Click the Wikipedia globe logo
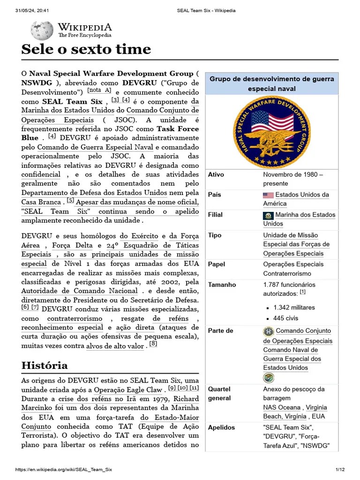pyautogui.click(x=42, y=30)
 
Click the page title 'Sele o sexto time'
pyautogui.click(x=86, y=49)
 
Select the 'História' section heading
pyautogui.click(x=45, y=365)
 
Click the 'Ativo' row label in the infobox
pyautogui.click(x=216, y=174)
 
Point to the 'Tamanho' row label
pyautogui.click(x=222, y=285)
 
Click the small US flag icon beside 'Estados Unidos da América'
pyautogui.click(x=268, y=195)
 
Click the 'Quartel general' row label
pyautogui.click(x=219, y=393)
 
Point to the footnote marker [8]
pyautogui.click(x=153, y=344)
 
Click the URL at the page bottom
pyautogui.click(x=64, y=470)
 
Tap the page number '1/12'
pyautogui.click(x=340, y=470)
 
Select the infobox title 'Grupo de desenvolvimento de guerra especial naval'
pyautogui.click(x=272, y=84)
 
